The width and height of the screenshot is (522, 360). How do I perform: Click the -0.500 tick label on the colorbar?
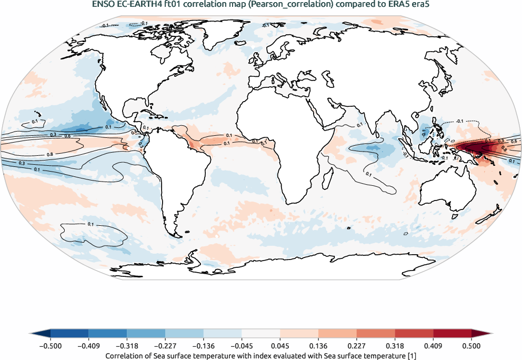point(51,346)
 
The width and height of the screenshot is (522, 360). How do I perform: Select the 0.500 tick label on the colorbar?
point(471,346)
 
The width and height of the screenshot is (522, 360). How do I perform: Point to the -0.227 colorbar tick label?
point(165,346)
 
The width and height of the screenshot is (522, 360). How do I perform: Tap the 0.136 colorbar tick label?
point(318,346)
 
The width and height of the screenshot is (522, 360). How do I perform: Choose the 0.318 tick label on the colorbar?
point(395,346)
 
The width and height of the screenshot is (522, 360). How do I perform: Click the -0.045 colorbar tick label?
point(242,346)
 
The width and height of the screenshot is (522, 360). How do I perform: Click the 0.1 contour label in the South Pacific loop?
point(91,225)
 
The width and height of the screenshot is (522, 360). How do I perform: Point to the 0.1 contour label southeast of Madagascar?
point(368,174)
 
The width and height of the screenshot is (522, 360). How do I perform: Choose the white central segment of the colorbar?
point(261,333)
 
